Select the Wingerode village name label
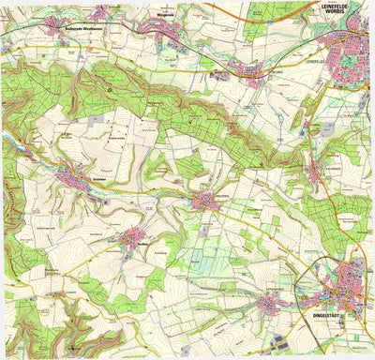point(165,14)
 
